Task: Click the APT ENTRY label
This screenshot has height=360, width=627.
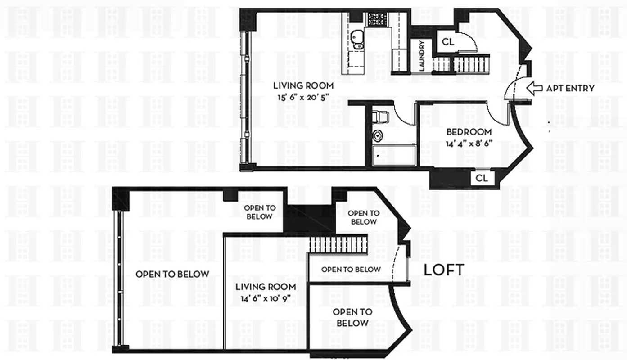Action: pos(570,89)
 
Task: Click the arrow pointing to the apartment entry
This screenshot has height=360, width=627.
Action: pos(534,88)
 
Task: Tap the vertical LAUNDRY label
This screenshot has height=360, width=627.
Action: pos(422,56)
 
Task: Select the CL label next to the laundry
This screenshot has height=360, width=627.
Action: pos(448,42)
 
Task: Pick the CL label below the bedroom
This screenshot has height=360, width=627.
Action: pos(482,178)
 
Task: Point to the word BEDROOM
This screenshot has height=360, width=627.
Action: pos(469,132)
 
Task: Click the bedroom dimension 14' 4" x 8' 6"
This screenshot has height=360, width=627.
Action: pos(469,144)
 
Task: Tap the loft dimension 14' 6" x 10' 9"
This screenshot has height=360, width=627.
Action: pos(266,298)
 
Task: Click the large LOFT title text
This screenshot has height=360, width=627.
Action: pos(444,270)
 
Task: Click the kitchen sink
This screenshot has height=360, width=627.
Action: pos(357,39)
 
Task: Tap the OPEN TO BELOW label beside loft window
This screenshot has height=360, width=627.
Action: pos(172,274)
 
